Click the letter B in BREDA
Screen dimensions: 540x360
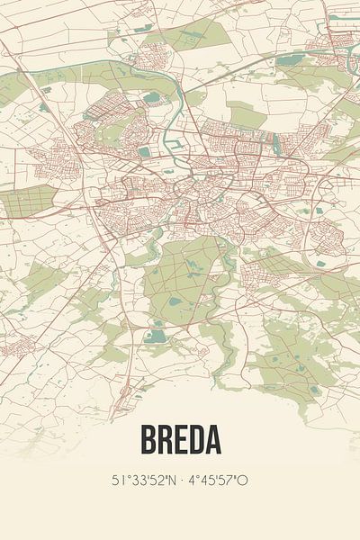pos(147,440)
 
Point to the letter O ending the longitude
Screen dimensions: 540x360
pos(243,481)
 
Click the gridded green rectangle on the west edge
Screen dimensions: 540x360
pos(31,202)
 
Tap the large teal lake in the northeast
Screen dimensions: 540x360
pos(290,60)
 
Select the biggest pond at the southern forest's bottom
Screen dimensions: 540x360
pos(157,336)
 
